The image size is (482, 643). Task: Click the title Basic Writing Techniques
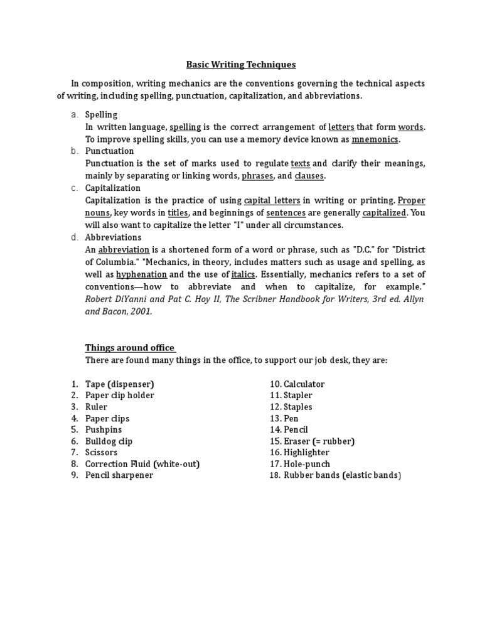pyautogui.click(x=241, y=64)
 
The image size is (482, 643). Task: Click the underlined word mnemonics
pyautogui.click(x=375, y=139)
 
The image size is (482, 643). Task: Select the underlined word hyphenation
pyautogui.click(x=141, y=274)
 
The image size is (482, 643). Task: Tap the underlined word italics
pyautogui.click(x=244, y=274)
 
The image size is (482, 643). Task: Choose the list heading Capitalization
pyautogui.click(x=113, y=188)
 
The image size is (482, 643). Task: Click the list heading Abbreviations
pyautogui.click(x=113, y=237)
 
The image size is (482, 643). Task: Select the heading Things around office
pyautogui.click(x=129, y=348)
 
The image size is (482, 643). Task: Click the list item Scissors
pyautogui.click(x=101, y=452)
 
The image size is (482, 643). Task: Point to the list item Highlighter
pyautogui.click(x=306, y=452)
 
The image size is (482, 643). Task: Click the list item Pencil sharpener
pyautogui.click(x=119, y=475)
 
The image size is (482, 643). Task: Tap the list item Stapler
pyautogui.click(x=297, y=395)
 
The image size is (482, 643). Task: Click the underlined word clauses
pyautogui.click(x=309, y=176)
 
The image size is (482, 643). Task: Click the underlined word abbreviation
pyautogui.click(x=124, y=250)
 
